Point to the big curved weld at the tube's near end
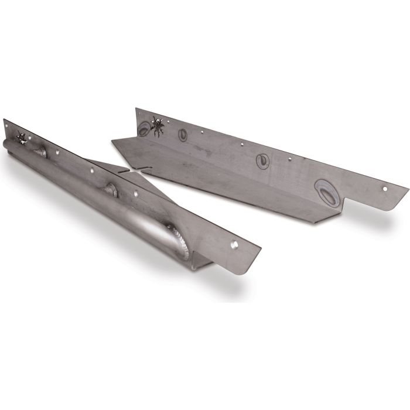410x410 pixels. (179, 240)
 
